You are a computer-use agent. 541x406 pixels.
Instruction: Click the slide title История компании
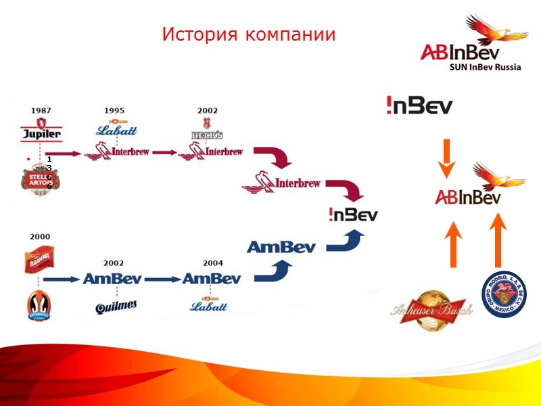(x=248, y=35)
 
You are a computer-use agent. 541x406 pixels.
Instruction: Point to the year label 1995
(x=114, y=110)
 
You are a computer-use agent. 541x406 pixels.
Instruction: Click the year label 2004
(x=212, y=262)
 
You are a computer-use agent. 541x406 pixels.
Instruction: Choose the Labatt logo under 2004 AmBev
(x=209, y=307)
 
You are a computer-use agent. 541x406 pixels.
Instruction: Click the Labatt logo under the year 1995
(x=116, y=129)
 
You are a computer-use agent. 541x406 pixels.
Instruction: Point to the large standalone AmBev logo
(x=281, y=248)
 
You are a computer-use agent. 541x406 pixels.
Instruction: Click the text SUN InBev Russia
(x=485, y=67)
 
